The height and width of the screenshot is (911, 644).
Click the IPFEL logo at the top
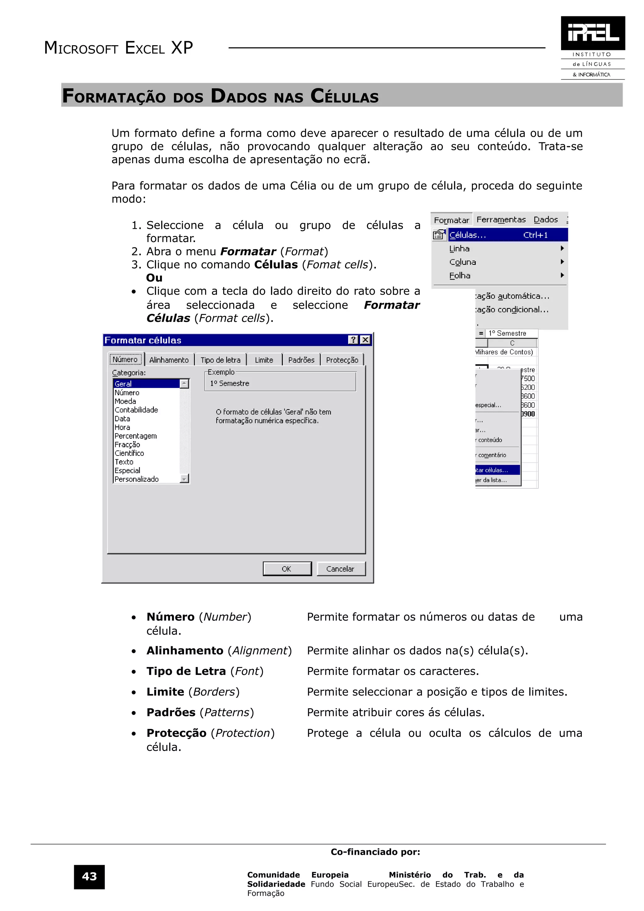pyautogui.click(x=592, y=33)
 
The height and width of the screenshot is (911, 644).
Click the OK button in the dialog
pyautogui.click(x=287, y=569)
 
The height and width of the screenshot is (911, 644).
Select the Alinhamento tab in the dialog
pyautogui.click(x=169, y=360)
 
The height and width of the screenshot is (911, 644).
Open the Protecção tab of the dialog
pyautogui.click(x=342, y=360)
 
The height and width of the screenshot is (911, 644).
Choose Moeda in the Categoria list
pyautogui.click(x=125, y=401)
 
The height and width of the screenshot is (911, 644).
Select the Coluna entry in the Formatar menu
pyautogui.click(x=463, y=262)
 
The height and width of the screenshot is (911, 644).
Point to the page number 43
pyautogui.click(x=89, y=876)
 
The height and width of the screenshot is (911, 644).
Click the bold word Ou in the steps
pyautogui.click(x=154, y=278)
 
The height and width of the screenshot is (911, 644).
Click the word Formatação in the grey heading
pyautogui.click(x=114, y=97)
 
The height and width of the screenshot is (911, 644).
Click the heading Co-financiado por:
pyautogui.click(x=375, y=852)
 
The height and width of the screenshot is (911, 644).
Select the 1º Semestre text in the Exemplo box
pyautogui.click(x=230, y=383)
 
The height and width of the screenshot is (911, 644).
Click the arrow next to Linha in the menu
pyautogui.click(x=562, y=248)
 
